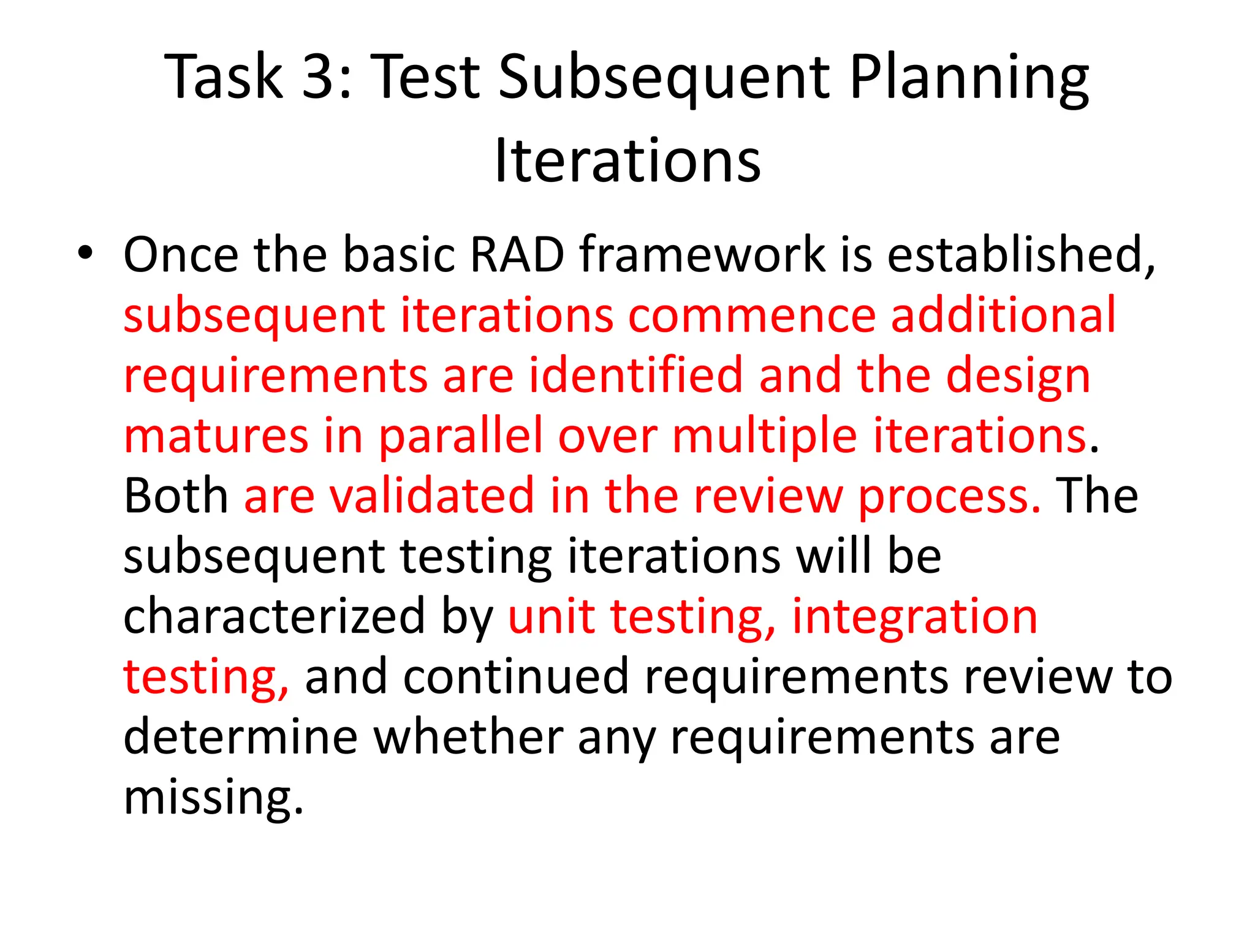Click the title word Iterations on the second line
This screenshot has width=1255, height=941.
pos(627,161)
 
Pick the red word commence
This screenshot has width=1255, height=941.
pos(752,315)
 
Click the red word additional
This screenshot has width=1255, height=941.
pos(1003,315)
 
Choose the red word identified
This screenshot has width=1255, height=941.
pos(636,375)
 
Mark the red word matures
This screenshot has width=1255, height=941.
pos(216,436)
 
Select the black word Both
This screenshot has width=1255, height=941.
pos(176,496)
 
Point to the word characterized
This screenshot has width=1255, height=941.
pos(274,616)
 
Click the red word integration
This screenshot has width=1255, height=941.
pos(915,616)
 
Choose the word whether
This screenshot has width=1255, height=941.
pos(468,737)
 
